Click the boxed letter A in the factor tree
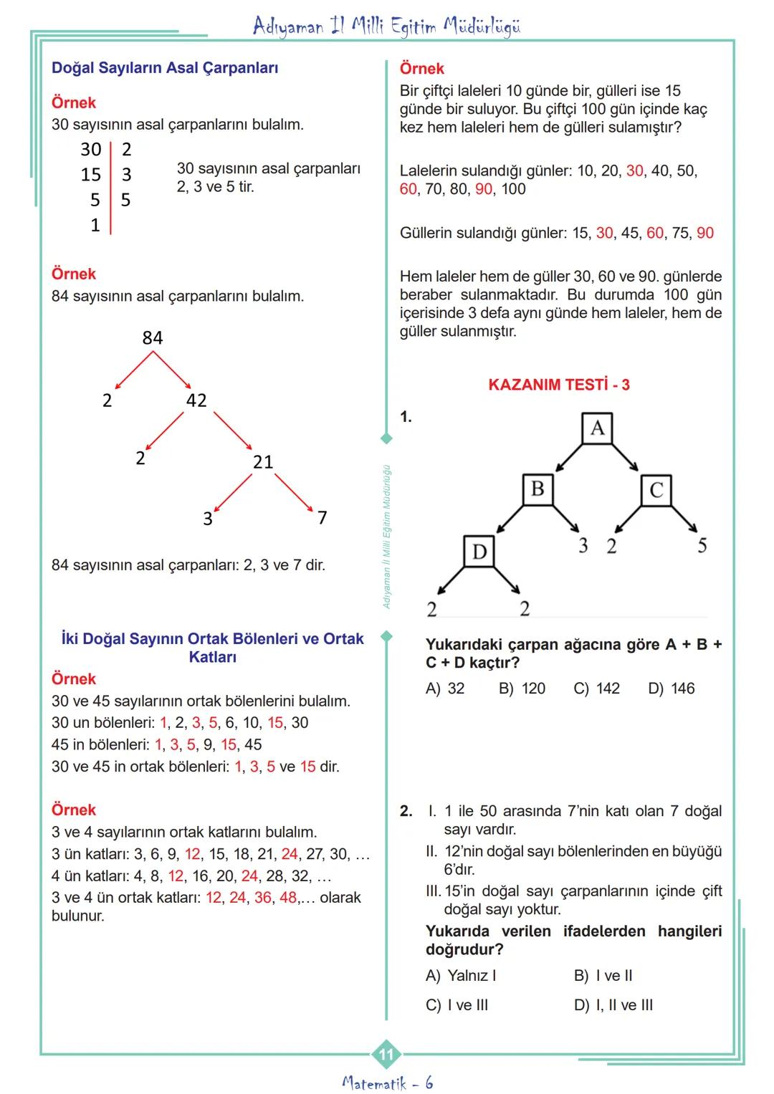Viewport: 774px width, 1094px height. click(x=598, y=428)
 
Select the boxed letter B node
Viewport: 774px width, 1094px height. click(x=537, y=490)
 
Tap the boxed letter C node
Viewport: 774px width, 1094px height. click(x=656, y=491)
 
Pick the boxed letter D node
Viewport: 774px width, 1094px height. click(x=479, y=552)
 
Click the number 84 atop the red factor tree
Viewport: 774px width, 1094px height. click(x=153, y=338)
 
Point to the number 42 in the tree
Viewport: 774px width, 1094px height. click(x=196, y=400)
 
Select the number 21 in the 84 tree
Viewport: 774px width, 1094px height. click(x=263, y=462)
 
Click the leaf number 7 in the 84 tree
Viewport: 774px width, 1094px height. click(x=322, y=517)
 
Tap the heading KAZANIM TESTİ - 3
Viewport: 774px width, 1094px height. click(x=559, y=385)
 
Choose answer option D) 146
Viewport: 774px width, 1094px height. click(x=672, y=688)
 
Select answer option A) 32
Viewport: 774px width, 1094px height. click(x=445, y=688)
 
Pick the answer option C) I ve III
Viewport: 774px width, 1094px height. click(x=457, y=1005)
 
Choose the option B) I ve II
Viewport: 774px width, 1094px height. click(x=603, y=976)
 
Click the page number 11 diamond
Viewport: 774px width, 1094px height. click(x=386, y=1054)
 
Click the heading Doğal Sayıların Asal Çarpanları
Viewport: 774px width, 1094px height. click(x=165, y=68)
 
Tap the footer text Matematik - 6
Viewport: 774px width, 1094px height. click(x=388, y=1083)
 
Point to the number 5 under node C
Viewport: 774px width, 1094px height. click(x=702, y=546)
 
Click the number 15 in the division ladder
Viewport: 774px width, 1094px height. click(x=91, y=175)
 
